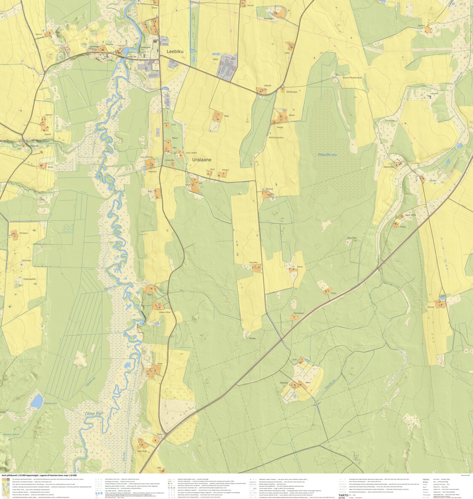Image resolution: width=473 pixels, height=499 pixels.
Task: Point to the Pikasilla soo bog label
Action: click(327, 155)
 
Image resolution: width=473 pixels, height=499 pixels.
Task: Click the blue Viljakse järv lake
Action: click(37, 400)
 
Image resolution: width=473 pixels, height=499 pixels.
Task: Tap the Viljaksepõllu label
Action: click(29, 279)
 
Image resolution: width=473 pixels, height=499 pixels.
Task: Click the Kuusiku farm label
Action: click(254, 262)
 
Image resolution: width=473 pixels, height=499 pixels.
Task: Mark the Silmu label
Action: click(300, 267)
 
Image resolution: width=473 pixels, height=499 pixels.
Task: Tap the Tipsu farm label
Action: click(334, 293)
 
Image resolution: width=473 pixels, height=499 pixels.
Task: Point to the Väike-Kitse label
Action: click(153, 312)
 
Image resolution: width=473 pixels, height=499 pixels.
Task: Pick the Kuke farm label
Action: click(160, 363)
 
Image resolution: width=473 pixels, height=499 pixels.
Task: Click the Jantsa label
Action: click(421, 26)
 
